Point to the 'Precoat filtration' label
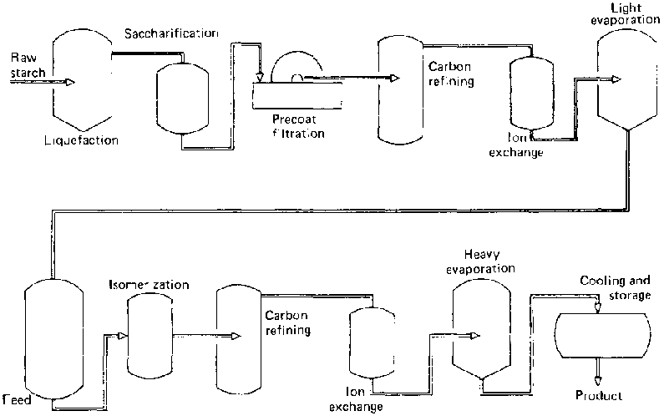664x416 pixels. (x=298, y=126)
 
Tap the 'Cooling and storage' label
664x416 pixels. (x=615, y=290)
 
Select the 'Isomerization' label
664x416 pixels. (x=150, y=286)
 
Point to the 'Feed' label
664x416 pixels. (x=16, y=400)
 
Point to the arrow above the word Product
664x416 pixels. (x=598, y=368)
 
